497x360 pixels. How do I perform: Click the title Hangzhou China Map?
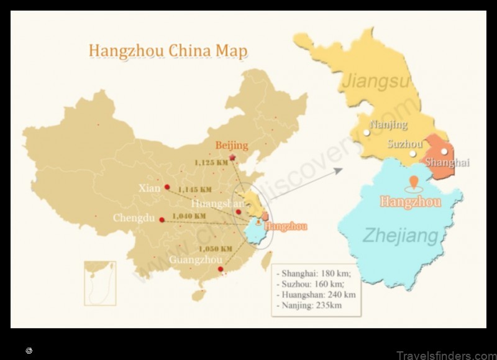(x=168, y=50)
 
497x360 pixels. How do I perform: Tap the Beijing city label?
(x=231, y=145)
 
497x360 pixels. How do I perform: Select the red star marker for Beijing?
(x=232, y=157)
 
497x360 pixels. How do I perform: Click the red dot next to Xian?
(x=167, y=187)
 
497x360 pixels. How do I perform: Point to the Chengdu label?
(x=133, y=218)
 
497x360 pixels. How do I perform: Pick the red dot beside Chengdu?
(x=162, y=219)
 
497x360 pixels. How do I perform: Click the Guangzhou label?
(x=195, y=259)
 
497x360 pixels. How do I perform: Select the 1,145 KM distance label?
(x=194, y=190)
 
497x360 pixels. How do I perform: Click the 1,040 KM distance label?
(x=189, y=216)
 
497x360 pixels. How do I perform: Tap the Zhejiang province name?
(x=400, y=236)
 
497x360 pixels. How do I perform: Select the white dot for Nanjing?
(x=367, y=132)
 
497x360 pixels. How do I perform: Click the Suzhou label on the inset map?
(x=404, y=144)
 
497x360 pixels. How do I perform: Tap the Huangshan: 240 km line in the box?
(x=318, y=295)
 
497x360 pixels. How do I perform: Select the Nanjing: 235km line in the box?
(x=311, y=305)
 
